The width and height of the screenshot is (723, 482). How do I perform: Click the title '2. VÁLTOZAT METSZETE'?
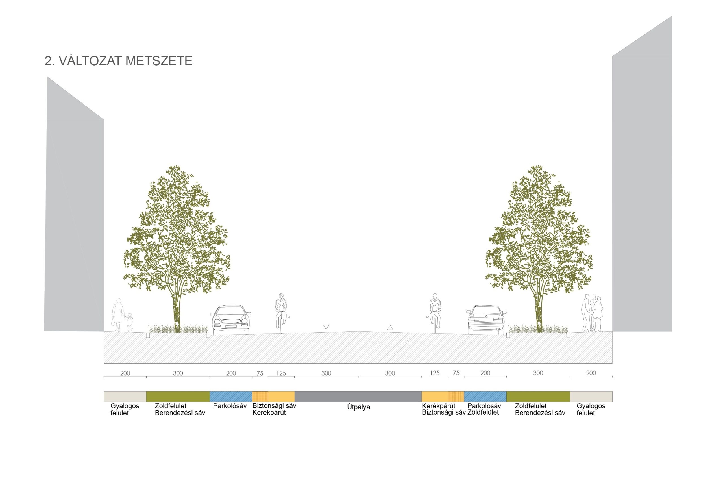118,61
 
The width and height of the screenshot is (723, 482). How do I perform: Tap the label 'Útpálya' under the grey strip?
358,407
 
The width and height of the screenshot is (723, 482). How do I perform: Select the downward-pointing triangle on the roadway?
326,327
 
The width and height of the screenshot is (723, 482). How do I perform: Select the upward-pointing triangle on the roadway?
390,327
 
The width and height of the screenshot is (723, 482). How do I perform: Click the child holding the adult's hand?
130,322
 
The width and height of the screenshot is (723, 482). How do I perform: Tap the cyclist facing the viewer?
281,312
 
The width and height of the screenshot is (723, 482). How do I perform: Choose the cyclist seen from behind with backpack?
435,312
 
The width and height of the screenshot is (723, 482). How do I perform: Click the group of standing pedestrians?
592,313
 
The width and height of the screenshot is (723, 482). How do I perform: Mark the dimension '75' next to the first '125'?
260,374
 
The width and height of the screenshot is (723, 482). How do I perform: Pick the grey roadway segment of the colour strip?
358,396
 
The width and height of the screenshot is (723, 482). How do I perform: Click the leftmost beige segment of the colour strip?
125,396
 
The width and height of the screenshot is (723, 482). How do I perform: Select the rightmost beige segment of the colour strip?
591,396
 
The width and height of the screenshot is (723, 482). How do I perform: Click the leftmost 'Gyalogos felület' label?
125,409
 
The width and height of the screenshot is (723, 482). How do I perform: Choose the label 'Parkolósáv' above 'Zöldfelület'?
484,406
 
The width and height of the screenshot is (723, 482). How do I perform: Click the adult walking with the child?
118,314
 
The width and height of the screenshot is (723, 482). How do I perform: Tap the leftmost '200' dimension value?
125,374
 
